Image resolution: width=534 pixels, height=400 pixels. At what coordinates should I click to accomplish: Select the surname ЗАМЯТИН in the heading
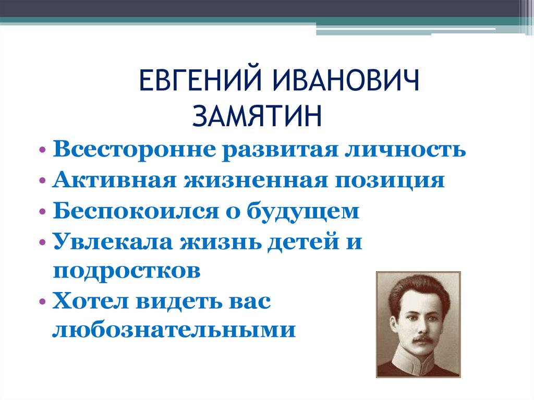coord(257,116)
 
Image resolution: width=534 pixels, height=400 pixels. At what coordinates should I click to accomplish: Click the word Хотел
coord(88,302)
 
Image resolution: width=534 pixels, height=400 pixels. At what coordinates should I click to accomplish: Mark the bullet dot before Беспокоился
coord(42,213)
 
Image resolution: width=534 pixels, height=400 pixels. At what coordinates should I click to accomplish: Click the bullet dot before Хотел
coord(42,304)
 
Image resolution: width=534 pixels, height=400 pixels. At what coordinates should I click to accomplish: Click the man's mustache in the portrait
coord(421,338)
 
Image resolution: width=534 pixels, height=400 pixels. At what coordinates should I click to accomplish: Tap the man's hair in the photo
coord(417,289)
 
